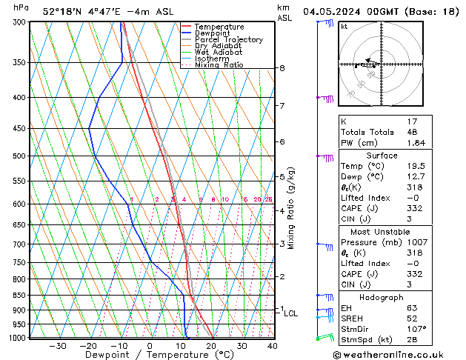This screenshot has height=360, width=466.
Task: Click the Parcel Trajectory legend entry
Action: click(x=228, y=40)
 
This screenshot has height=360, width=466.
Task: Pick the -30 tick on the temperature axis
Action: click(x=58, y=346)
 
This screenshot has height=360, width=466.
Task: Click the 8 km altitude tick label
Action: click(x=282, y=68)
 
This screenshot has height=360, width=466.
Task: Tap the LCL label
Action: click(x=291, y=313)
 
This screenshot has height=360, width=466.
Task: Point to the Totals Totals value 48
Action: click(x=412, y=132)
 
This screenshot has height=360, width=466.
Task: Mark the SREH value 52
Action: click(x=412, y=317)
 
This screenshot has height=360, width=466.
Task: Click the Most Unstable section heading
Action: click(x=397, y=231)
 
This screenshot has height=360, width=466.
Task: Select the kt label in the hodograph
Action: click(x=344, y=26)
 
